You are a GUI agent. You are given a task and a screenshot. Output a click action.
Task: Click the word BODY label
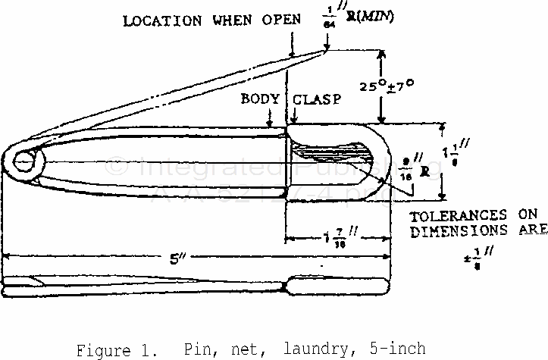[256, 99]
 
